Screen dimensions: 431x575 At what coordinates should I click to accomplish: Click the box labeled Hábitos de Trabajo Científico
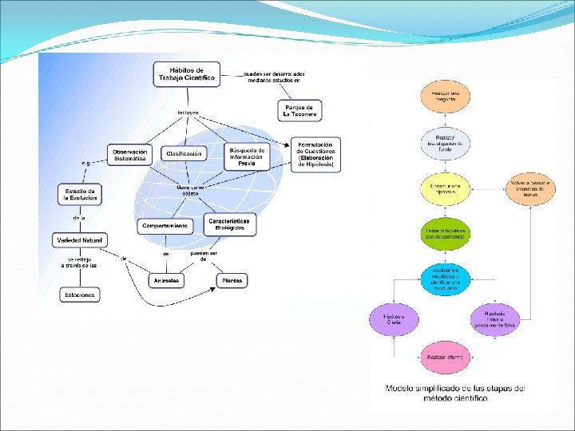(x=187, y=74)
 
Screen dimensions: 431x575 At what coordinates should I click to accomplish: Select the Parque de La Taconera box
(x=299, y=110)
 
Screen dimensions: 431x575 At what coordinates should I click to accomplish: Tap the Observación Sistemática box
(x=129, y=155)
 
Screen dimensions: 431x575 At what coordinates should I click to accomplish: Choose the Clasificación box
(x=183, y=152)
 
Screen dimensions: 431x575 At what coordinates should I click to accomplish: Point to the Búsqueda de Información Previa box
(x=246, y=154)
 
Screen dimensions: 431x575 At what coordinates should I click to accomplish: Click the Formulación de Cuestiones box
(x=316, y=153)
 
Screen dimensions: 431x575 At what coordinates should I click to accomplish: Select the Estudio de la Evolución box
(x=81, y=195)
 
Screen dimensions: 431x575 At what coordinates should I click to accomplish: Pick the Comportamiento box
(x=165, y=226)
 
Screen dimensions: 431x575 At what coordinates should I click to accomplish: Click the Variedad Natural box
(x=79, y=239)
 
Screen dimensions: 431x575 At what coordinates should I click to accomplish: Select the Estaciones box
(x=80, y=295)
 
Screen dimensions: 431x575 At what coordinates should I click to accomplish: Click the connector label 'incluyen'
(x=188, y=113)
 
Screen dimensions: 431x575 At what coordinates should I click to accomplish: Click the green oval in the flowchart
(x=445, y=232)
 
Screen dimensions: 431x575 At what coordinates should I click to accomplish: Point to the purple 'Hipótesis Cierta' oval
(x=394, y=318)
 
